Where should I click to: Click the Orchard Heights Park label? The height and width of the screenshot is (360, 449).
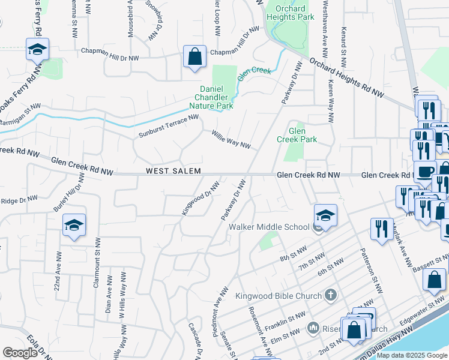click(290, 13)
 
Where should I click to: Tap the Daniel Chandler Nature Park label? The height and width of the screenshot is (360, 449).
click(216, 97)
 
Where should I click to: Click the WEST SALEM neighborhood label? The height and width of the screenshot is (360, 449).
click(172, 172)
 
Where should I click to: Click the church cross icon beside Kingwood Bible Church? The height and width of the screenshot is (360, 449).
click(330, 295)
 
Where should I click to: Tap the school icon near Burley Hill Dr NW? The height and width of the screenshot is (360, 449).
click(74, 225)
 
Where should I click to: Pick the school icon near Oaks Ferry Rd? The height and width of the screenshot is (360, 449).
click(37, 50)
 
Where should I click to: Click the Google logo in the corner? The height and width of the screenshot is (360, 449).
click(20, 353)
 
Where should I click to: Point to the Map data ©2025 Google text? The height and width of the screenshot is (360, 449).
click(411, 355)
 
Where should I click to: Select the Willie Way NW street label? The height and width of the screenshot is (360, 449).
click(231, 140)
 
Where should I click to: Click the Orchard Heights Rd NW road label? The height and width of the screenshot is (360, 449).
click(347, 77)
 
